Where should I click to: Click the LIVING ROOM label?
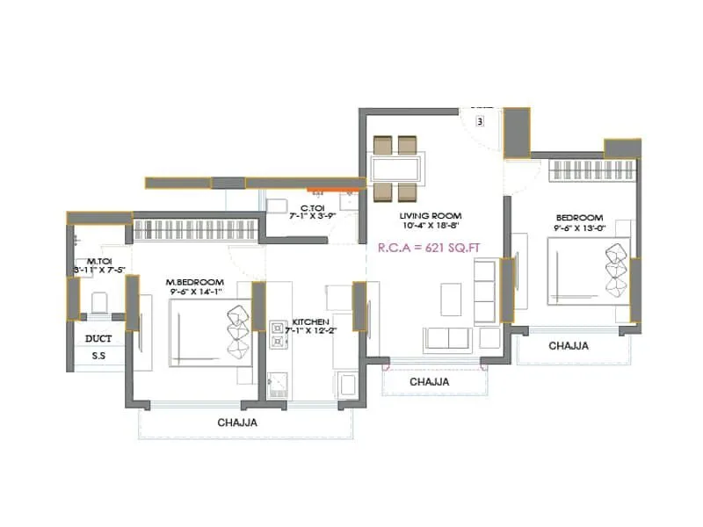pyautogui.click(x=431, y=215)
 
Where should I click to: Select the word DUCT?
pyautogui.click(x=98, y=337)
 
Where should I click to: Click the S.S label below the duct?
pyautogui.click(x=98, y=357)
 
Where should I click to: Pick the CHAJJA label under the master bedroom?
pyautogui.click(x=237, y=422)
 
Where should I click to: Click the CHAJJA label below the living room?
pyautogui.click(x=429, y=382)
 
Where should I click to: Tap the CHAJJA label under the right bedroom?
pyautogui.click(x=569, y=346)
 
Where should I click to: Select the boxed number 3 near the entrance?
pyautogui.click(x=481, y=122)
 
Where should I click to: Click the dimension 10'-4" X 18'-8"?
pyautogui.click(x=431, y=227)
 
